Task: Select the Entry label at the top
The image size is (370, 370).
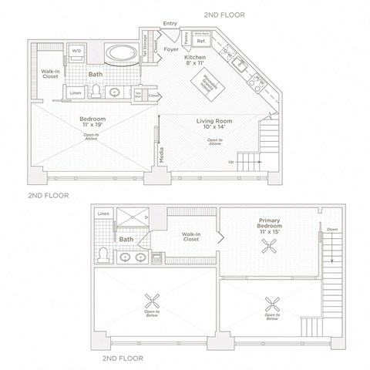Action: tap(170, 24)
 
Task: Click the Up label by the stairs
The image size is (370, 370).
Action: tap(232, 162)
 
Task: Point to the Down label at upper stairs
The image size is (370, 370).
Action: tap(331, 229)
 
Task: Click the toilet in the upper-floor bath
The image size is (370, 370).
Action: tap(103, 254)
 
